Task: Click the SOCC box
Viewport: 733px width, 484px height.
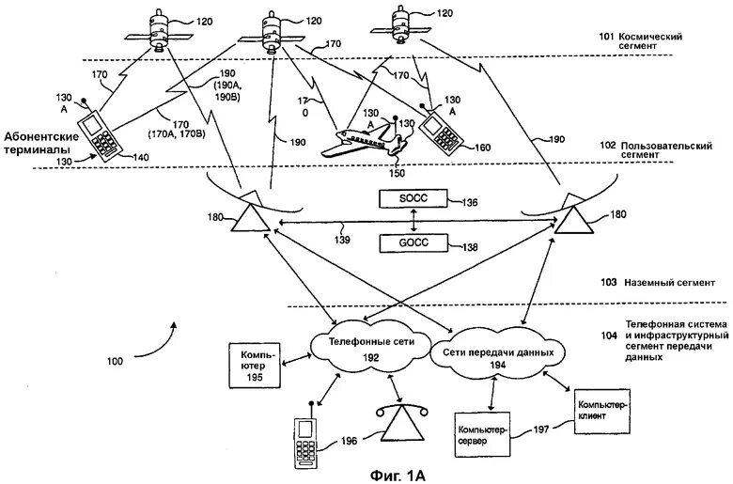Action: pyautogui.click(x=413, y=198)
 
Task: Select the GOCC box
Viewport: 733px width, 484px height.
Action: pyautogui.click(x=413, y=242)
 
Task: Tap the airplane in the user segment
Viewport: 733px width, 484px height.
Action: pyautogui.click(x=365, y=139)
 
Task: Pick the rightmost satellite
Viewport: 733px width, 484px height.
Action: pyautogui.click(x=400, y=24)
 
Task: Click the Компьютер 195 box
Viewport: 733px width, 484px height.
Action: pyautogui.click(x=255, y=367)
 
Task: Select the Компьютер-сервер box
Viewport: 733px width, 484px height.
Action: pyautogui.click(x=483, y=434)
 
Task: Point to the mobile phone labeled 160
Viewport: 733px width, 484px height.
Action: pyautogui.click(x=441, y=130)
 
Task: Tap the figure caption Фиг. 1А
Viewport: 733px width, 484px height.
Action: pyautogui.click(x=398, y=476)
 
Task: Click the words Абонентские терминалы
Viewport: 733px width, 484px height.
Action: pyautogui.click(x=42, y=143)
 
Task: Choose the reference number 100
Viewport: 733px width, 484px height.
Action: pyautogui.click(x=115, y=361)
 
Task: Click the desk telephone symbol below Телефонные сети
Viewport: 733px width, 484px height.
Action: pyautogui.click(x=402, y=423)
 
